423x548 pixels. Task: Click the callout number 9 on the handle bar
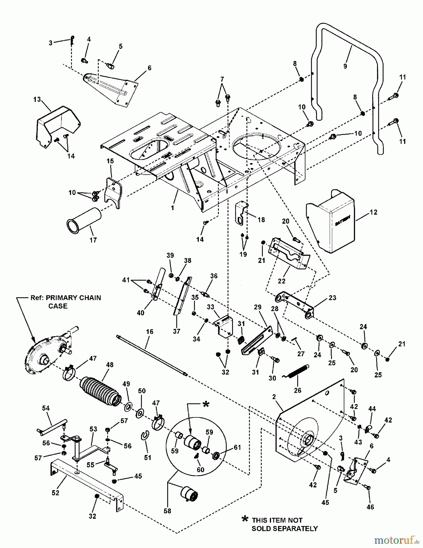click(345, 66)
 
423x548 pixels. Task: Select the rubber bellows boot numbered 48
click(100, 391)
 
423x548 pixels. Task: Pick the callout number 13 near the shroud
click(37, 100)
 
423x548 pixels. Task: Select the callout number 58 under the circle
click(167, 511)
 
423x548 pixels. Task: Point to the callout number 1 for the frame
click(173, 208)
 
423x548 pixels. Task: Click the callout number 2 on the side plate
click(274, 397)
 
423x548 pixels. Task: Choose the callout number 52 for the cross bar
click(55, 493)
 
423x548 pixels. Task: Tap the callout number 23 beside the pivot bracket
click(332, 297)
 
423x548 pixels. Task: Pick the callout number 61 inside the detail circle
click(237, 448)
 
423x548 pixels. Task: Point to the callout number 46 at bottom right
click(370, 507)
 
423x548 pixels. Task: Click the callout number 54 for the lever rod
click(46, 408)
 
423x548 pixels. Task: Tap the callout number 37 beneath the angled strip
click(177, 331)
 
